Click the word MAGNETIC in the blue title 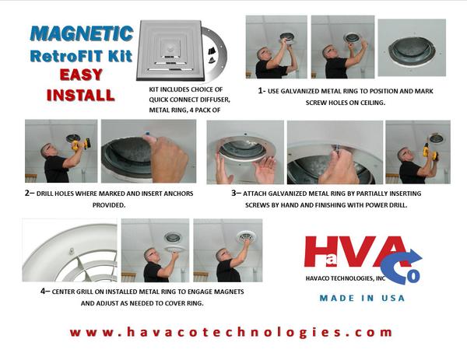82,33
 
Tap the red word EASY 81,75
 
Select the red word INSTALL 81,95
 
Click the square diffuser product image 170,50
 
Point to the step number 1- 262,91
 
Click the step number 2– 30,193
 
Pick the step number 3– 236,193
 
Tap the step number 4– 45,292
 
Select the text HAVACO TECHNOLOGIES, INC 346,278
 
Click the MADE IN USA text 362,298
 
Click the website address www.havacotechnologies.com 231,332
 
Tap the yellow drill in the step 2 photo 80,145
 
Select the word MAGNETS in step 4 229,292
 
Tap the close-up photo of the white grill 70,250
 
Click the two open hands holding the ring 246,168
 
